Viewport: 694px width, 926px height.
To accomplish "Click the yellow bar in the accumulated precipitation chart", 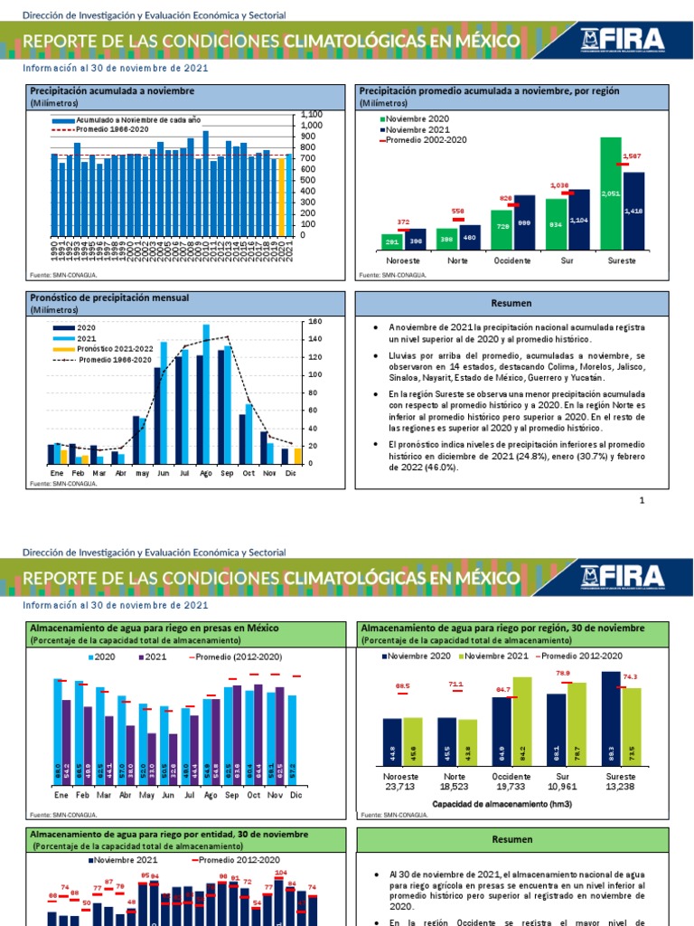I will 281,196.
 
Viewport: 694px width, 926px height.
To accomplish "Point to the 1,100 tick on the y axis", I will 311,115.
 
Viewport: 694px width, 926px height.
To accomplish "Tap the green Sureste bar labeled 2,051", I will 611,194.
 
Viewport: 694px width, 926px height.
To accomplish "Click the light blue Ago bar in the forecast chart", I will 206,393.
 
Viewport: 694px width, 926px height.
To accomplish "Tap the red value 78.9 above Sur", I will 562,673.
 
